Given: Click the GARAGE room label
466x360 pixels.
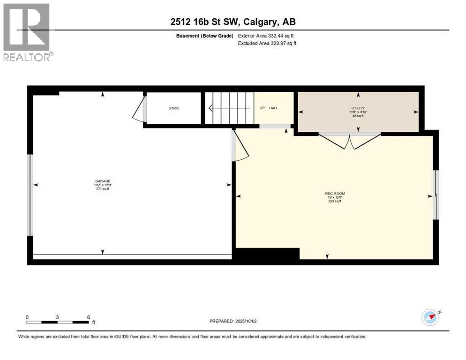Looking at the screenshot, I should click(103, 181).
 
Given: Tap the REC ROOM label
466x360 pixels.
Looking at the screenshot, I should click(335, 194).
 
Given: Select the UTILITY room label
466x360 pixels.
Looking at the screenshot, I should click(358, 108).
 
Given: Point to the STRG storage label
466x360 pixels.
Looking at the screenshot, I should click(173, 108).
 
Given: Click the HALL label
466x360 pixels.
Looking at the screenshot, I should click(274, 108).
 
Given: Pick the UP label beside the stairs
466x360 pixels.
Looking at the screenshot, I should click(262, 108).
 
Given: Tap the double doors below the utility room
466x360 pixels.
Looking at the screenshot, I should click(350, 141).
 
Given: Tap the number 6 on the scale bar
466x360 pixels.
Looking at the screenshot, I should click(88, 317).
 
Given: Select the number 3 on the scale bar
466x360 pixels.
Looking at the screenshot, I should click(57, 317).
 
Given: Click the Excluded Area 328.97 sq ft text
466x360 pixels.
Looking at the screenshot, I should click(267, 43).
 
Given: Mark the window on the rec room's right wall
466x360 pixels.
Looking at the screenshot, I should click(436, 195).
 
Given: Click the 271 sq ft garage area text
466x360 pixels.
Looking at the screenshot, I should click(103, 189).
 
